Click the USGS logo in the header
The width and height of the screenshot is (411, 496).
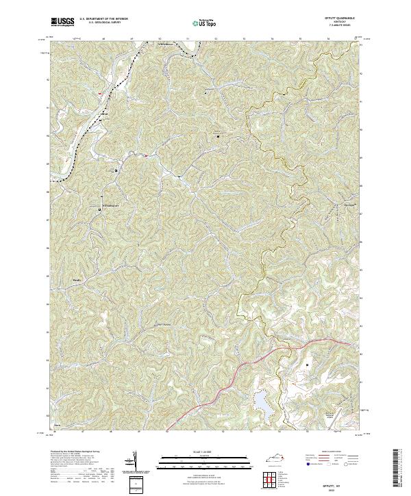click(x=62, y=23)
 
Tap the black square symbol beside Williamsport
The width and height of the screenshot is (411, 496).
click(x=101, y=210)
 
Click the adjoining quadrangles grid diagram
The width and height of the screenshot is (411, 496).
click(x=274, y=478)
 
